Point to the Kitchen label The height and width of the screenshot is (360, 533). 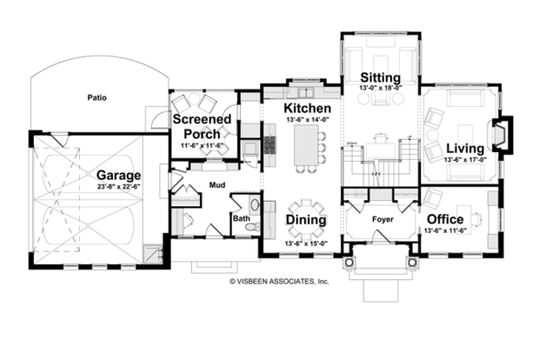pyautogui.click(x=308, y=108)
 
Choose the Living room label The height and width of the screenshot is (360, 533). pyautogui.click(x=465, y=148)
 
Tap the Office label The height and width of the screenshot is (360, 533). pyautogui.click(x=446, y=220)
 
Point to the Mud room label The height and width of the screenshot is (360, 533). pyautogui.click(x=217, y=187)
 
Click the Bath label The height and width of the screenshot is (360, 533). pyautogui.click(x=242, y=216)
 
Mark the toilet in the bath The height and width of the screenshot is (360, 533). pyautogui.click(x=252, y=227)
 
